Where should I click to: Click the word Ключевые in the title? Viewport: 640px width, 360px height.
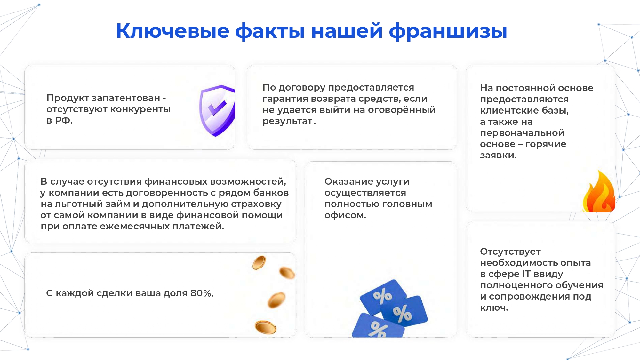(x=172, y=31)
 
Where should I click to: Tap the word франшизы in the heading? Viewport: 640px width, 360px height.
(x=448, y=31)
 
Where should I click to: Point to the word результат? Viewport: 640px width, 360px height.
(x=287, y=121)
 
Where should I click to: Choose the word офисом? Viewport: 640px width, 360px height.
(x=345, y=215)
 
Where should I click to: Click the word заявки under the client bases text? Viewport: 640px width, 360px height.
(x=498, y=156)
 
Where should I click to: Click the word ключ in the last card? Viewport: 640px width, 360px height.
(x=494, y=308)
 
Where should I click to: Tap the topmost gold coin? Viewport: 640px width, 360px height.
(x=259, y=263)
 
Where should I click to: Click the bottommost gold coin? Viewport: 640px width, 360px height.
(x=265, y=327)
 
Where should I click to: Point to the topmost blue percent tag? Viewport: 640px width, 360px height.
(x=383, y=296)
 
